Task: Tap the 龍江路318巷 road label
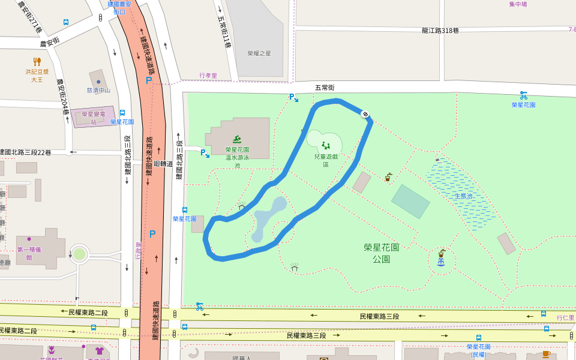(x=440, y=31)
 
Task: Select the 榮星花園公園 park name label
(x=381, y=253)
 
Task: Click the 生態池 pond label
(x=463, y=196)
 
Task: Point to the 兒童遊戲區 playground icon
(x=326, y=145)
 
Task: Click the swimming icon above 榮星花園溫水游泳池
(x=236, y=140)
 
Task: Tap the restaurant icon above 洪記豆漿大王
(x=37, y=61)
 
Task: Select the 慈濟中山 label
(x=98, y=91)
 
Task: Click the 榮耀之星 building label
(x=259, y=53)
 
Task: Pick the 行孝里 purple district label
(x=208, y=76)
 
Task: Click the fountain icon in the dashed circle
(x=442, y=262)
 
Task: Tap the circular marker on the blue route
(x=364, y=113)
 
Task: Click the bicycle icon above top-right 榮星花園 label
(x=523, y=95)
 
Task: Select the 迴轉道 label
(x=163, y=163)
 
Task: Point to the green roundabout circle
(x=79, y=254)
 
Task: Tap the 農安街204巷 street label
(x=62, y=97)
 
